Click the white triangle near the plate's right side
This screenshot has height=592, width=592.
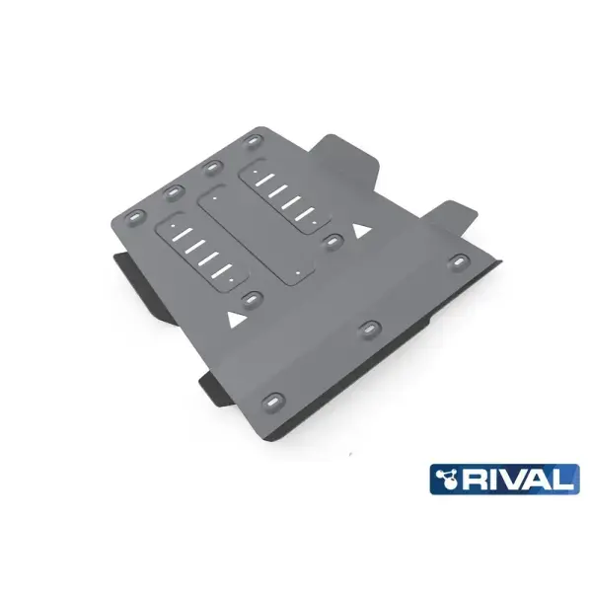tap(362, 230)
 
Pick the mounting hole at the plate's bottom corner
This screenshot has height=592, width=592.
tap(271, 403)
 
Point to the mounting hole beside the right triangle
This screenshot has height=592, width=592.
tap(333, 239)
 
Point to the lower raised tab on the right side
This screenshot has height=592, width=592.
tap(455, 214)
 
